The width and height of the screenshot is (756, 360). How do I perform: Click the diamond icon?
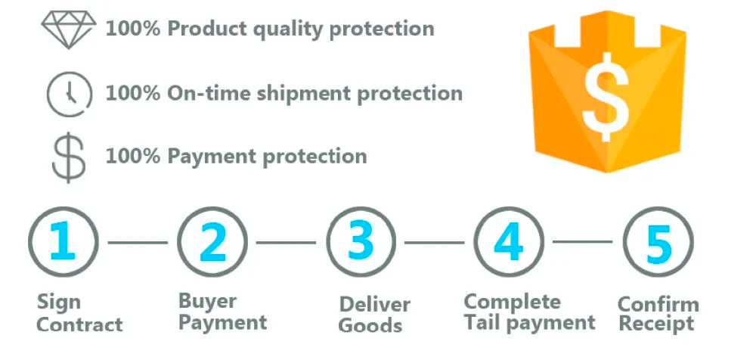[x=69, y=29]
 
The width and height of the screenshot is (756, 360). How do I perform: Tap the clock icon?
[x=69, y=92]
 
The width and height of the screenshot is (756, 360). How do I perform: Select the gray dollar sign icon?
[x=69, y=157]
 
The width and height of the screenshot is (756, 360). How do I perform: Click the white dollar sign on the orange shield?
[x=606, y=97]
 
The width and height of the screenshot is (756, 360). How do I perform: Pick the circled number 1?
[x=64, y=241]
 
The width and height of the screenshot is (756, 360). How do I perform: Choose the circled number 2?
[x=212, y=241]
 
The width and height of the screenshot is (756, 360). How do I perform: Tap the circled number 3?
[x=361, y=241]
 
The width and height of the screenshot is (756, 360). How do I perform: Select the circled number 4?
[x=509, y=241]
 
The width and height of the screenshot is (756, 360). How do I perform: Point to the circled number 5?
[x=658, y=241]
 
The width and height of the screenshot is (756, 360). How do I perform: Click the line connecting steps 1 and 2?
[x=138, y=242]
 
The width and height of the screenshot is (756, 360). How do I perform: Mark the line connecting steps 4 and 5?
[x=583, y=241]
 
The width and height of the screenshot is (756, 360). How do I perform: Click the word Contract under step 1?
[x=79, y=324]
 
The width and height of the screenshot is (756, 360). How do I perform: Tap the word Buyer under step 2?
[x=207, y=302]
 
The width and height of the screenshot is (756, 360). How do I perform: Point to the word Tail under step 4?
[x=483, y=322]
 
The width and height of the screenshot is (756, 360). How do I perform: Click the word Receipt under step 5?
[x=656, y=324]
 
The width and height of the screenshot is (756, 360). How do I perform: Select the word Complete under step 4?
[x=513, y=302]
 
